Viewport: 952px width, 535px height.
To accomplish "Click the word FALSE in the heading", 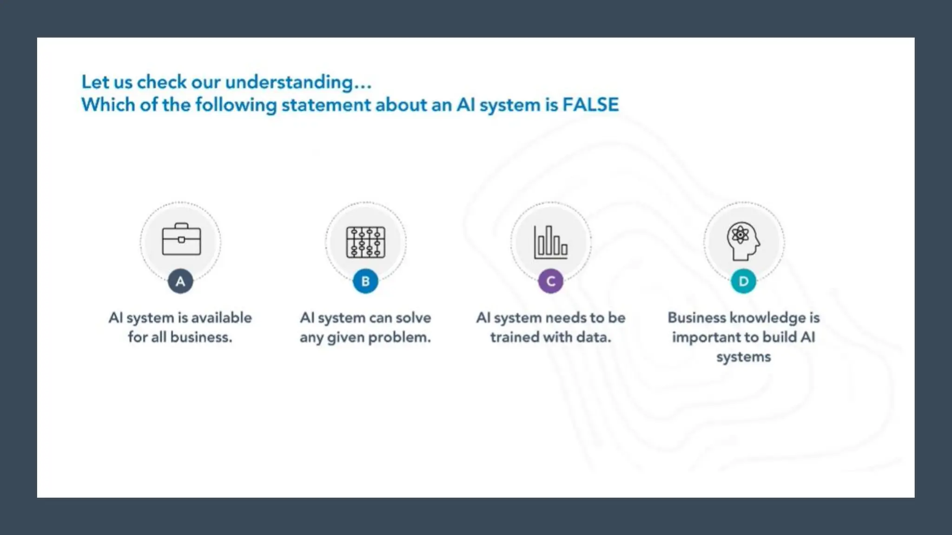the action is pyautogui.click(x=590, y=105).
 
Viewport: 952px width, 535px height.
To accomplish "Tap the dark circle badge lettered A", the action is pyautogui.click(x=180, y=281).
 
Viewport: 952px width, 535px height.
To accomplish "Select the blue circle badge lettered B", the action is pyautogui.click(x=365, y=281).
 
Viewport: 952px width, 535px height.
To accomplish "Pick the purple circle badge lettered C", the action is pyautogui.click(x=551, y=281).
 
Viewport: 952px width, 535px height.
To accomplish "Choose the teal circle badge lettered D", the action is pyautogui.click(x=743, y=281).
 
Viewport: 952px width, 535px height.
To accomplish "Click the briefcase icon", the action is pyautogui.click(x=181, y=240).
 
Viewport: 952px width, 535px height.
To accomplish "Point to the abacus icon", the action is pyautogui.click(x=366, y=242).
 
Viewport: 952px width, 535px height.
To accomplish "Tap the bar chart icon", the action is pyautogui.click(x=551, y=242).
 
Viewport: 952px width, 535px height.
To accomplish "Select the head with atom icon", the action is pyautogui.click(x=743, y=241).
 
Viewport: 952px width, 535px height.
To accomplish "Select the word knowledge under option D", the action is pyautogui.click(x=768, y=318).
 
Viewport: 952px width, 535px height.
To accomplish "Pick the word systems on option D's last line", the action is pyautogui.click(x=743, y=357).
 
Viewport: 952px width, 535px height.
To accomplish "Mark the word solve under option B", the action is pyautogui.click(x=413, y=318).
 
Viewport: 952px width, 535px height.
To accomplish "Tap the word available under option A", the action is pyautogui.click(x=221, y=318).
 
